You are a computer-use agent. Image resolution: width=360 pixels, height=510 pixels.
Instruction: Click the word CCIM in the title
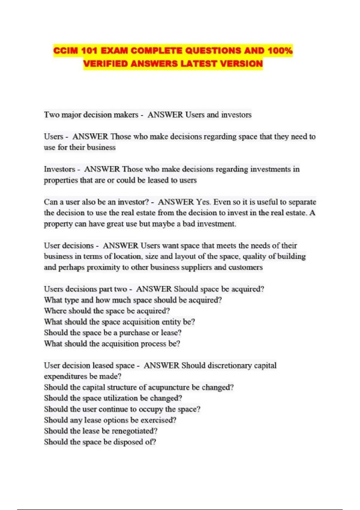tap(65, 51)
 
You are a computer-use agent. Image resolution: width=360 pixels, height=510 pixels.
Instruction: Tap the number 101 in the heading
tap(89, 51)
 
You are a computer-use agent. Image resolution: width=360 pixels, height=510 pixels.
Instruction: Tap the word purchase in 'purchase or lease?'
tap(134, 333)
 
